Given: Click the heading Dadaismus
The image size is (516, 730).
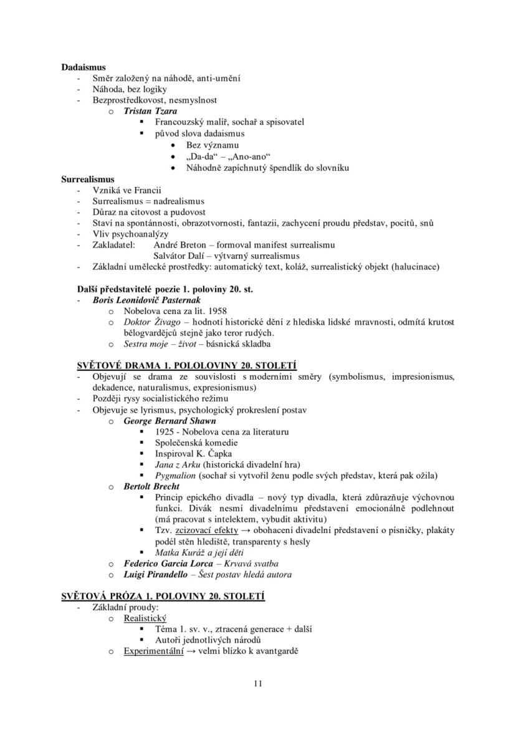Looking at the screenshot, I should tap(84, 67).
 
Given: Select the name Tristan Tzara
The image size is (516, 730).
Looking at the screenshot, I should tap(150, 111).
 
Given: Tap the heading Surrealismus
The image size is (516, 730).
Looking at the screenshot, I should tap(88, 179).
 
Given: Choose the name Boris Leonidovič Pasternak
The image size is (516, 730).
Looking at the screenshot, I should tap(146, 300).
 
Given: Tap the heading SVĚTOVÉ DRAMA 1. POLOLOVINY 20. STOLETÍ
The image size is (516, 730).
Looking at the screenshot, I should tap(179, 365).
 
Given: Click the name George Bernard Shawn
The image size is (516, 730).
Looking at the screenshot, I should tap(170, 421).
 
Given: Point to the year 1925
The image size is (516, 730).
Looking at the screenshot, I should tap(165, 431).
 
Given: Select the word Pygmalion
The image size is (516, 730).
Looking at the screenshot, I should tap(175, 476).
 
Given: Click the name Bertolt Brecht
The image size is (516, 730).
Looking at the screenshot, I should tap(151, 486).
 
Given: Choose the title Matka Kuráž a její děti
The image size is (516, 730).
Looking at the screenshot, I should tap(199, 552).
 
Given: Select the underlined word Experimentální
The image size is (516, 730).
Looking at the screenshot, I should tap(153, 651).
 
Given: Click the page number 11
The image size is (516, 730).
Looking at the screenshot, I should tap(258, 684).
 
